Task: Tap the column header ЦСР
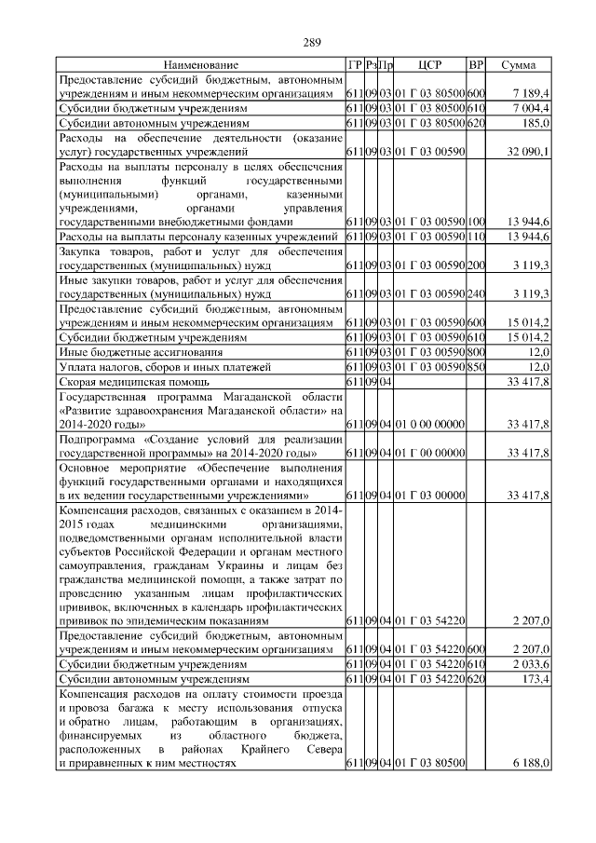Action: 429,66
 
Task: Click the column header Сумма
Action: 518,66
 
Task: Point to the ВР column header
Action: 476,66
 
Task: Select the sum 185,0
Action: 537,122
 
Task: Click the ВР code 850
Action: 476,367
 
